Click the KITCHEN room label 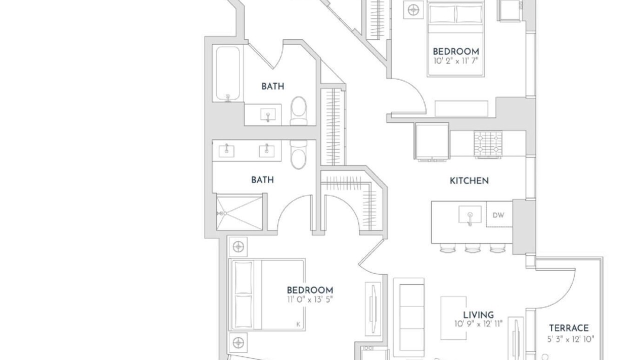coord(469,180)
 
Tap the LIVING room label coord(478,315)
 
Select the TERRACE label coord(568,327)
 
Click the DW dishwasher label coord(498,215)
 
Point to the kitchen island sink coord(470,214)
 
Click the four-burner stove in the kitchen coord(488,144)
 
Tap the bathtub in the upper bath coord(227,73)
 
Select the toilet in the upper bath coord(298,111)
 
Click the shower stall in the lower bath coord(239,212)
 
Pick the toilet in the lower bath coord(298,154)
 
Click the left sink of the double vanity coord(226,150)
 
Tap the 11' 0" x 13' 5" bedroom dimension coord(309,299)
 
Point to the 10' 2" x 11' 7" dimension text coord(455,61)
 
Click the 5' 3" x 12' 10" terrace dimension coord(570,339)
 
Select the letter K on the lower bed coord(298,324)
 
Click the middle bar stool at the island coord(472,248)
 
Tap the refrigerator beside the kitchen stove coord(431,141)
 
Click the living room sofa coord(408,317)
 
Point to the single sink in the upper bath coord(268,115)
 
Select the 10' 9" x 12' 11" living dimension coord(478,323)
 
